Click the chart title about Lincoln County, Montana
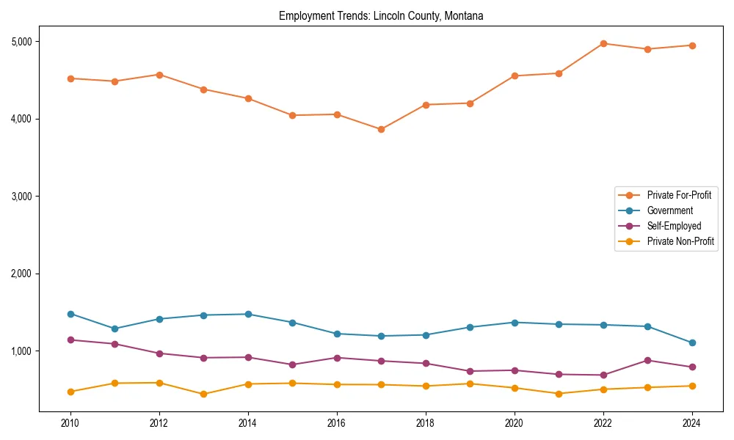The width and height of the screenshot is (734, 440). tap(381, 15)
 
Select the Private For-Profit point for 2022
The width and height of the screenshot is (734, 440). tap(603, 43)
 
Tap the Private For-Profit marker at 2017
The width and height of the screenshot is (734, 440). tap(381, 129)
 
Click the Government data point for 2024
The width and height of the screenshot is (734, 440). tap(692, 342)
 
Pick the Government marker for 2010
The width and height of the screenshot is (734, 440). tap(70, 314)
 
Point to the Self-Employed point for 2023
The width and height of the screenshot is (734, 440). tap(647, 360)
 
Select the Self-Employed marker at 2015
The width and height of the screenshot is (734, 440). tap(292, 364)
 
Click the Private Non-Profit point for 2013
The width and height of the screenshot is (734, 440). tap(203, 394)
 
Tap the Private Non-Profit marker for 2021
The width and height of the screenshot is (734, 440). tap(559, 394)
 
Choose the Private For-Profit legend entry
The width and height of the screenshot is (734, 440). tap(679, 195)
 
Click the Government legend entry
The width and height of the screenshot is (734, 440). tap(669, 210)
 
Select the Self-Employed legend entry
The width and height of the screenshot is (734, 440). tap(674, 226)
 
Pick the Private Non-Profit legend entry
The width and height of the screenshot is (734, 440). tap(680, 241)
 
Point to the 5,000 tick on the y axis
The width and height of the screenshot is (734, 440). tap(21, 41)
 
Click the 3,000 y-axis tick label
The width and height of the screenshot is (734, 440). tap(21, 197)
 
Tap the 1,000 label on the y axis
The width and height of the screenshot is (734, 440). tap(21, 351)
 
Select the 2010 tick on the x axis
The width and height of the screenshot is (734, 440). tap(70, 422)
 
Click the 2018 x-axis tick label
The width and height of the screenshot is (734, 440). tap(426, 422)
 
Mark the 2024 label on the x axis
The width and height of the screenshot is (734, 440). tap(692, 422)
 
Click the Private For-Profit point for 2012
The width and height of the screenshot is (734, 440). tap(159, 75)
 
